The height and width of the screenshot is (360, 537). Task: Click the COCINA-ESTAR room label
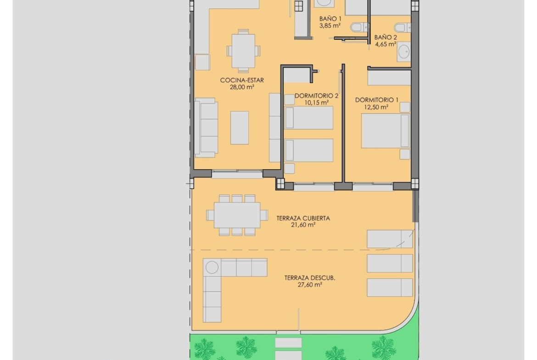click(x=242, y=80)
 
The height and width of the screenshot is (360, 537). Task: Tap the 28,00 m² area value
click(x=242, y=87)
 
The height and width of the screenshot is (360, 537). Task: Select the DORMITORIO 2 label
click(x=316, y=96)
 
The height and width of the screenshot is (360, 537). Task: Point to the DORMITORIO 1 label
click(x=377, y=100)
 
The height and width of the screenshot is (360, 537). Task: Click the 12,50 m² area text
click(x=376, y=107)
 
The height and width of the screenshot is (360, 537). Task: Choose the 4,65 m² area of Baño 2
click(x=386, y=44)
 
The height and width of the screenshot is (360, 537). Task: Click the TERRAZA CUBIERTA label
click(x=303, y=218)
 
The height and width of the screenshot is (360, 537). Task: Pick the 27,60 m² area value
click(x=310, y=285)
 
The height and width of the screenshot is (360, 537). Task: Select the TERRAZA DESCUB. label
click(x=310, y=278)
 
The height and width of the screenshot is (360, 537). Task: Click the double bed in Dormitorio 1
click(x=386, y=131)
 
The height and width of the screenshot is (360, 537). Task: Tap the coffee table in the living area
click(x=240, y=127)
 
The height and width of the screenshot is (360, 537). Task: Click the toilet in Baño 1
click(x=359, y=28)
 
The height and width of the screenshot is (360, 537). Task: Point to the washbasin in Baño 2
click(x=404, y=52)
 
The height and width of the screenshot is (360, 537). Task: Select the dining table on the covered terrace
click(x=237, y=215)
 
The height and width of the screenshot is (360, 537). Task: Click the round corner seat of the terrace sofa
click(x=212, y=267)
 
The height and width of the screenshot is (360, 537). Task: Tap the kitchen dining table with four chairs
click(x=243, y=51)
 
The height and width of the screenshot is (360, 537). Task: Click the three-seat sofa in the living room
click(x=206, y=127)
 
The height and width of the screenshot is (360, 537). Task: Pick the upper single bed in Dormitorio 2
click(x=309, y=118)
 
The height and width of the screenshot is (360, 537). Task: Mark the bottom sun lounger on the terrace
click(x=390, y=288)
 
